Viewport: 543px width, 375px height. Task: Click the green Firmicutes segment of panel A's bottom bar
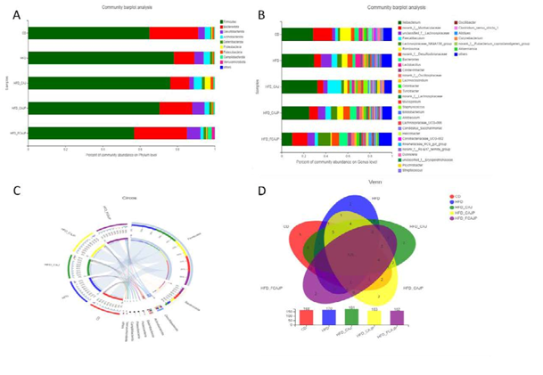click(x=80, y=133)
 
